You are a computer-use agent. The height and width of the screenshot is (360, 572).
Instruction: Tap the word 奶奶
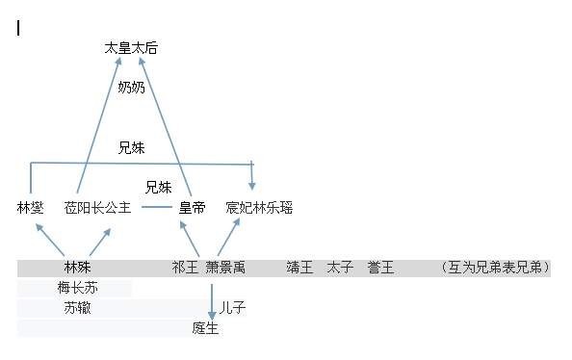(132, 88)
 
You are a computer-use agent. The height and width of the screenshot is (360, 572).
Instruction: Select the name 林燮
(31, 207)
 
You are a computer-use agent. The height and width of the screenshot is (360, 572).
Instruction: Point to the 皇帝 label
(192, 207)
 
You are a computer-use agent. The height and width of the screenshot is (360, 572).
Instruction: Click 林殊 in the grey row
(78, 267)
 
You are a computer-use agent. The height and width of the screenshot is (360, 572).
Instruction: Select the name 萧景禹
(225, 267)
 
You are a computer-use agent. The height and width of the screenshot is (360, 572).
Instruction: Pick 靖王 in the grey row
(299, 267)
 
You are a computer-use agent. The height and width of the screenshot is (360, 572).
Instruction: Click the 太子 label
(340, 267)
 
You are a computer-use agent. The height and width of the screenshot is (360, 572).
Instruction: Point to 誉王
(380, 267)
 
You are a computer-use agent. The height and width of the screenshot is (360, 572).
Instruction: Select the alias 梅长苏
(78, 288)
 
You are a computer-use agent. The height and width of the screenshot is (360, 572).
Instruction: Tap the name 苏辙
(78, 308)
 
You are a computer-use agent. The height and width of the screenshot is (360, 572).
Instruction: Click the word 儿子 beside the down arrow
(233, 308)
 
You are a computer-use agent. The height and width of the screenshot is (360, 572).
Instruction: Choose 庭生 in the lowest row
(205, 328)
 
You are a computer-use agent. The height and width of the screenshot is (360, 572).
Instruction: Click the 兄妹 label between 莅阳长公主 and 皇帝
(159, 187)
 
